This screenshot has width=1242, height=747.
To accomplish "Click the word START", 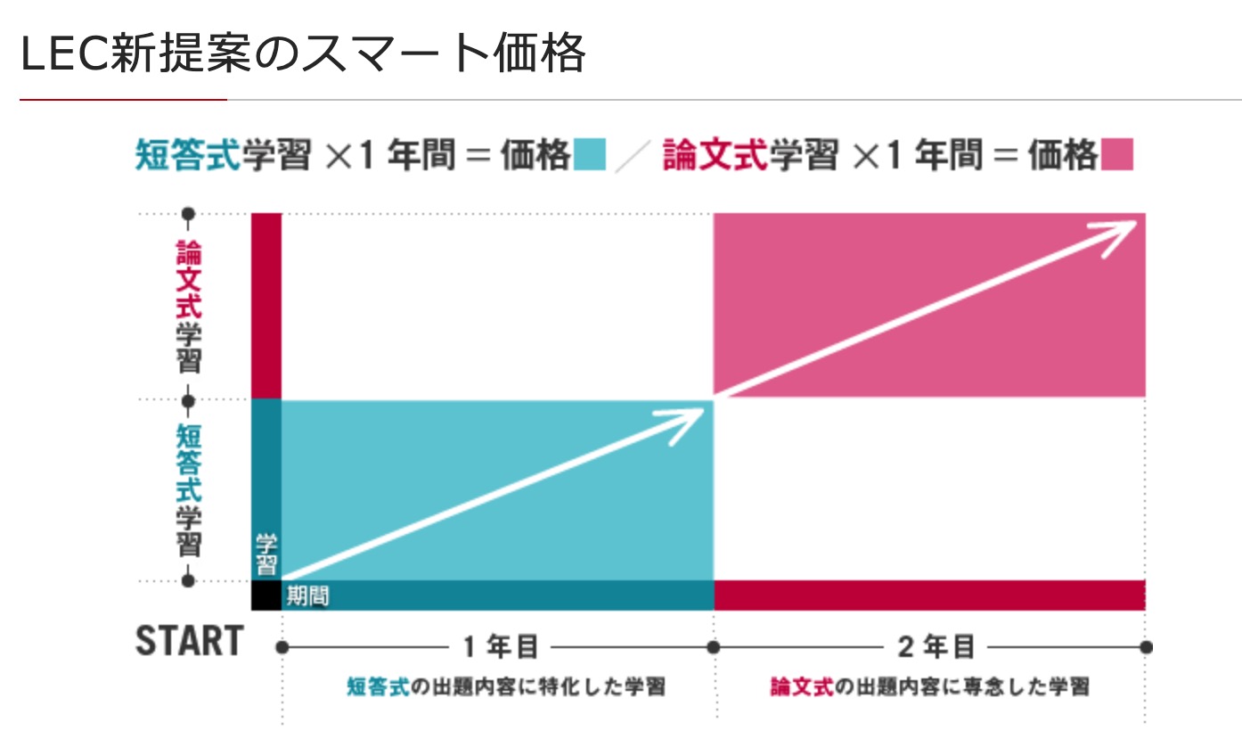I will pyautogui.click(x=189, y=641).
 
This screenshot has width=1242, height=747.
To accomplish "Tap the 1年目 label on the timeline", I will pyautogui.click(x=500, y=647).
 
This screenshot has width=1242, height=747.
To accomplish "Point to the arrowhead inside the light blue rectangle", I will pyautogui.click(x=690, y=419).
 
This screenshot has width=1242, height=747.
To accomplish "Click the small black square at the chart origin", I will pyautogui.click(x=266, y=595).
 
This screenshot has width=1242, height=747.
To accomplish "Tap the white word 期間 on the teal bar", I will pyautogui.click(x=306, y=595).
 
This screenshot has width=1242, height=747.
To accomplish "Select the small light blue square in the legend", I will pyautogui.click(x=590, y=154).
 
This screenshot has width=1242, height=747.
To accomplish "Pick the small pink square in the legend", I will pyautogui.click(x=1117, y=154).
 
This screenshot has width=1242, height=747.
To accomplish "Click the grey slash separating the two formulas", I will pyautogui.click(x=633, y=155).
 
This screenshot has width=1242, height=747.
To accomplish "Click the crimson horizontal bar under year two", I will pyautogui.click(x=929, y=595).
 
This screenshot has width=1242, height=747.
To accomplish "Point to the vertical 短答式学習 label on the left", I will pyautogui.click(x=188, y=490).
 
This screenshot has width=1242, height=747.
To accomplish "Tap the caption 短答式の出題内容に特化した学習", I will pyautogui.click(x=505, y=687).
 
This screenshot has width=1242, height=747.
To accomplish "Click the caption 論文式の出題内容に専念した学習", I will pyautogui.click(x=929, y=687).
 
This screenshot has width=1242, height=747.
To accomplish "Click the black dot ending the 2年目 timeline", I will pyautogui.click(x=1146, y=647).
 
